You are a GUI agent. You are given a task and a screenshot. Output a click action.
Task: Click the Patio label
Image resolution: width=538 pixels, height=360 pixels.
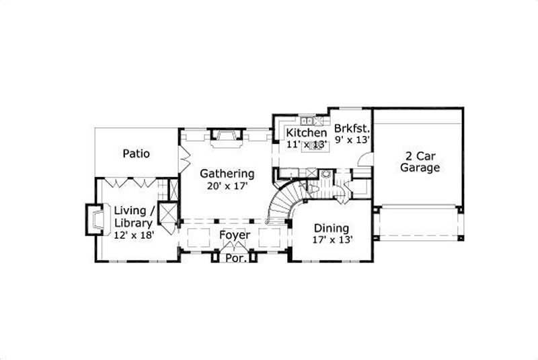[x=136, y=153]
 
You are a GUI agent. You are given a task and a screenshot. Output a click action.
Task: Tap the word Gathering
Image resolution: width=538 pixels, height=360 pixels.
[x=227, y=173]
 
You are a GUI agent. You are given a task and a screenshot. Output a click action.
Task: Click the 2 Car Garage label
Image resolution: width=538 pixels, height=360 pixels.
[x=420, y=161]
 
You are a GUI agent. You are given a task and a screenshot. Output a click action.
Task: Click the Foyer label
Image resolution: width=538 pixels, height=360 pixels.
[x=235, y=236]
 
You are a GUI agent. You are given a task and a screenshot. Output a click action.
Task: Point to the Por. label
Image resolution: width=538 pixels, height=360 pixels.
[x=235, y=257]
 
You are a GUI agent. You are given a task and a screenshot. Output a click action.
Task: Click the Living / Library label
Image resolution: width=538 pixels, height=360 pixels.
[x=134, y=216]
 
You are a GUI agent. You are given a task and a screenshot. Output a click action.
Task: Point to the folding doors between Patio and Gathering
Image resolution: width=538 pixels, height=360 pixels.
[x=182, y=159]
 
